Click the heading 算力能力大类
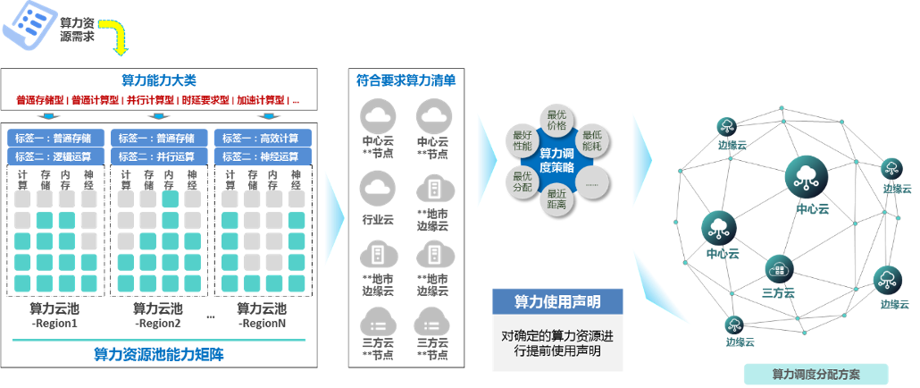pyautogui.click(x=158, y=80)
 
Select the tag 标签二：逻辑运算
pyautogui.click(x=56, y=156)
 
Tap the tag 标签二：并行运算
pyautogui.click(x=159, y=156)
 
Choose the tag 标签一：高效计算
pyautogui.click(x=262, y=139)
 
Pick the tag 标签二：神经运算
pyautogui.click(x=262, y=156)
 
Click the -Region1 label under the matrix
pyautogui.click(x=55, y=323)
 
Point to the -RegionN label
pyautogui.click(x=262, y=323)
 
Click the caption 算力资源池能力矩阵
pyautogui.click(x=159, y=354)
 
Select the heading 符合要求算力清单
pyautogui.click(x=406, y=80)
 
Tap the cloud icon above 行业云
pyautogui.click(x=377, y=190)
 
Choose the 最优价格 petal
pyautogui.click(x=557, y=121)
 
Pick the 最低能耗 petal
pyautogui.click(x=592, y=139)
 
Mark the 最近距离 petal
pyautogui.click(x=557, y=199)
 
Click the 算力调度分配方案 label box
pyautogui.click(x=815, y=375)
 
